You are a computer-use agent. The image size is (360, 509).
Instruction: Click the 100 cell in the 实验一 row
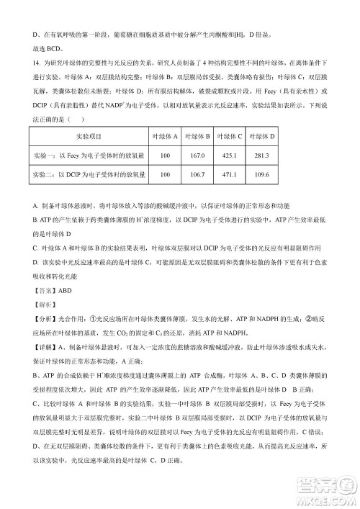(165, 156)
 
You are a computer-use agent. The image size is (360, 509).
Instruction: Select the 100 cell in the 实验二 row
(165, 175)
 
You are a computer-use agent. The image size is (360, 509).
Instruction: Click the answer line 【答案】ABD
(53, 291)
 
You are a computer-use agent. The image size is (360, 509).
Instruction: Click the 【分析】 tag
(45, 318)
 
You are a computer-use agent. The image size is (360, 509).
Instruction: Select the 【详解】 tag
(45, 346)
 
